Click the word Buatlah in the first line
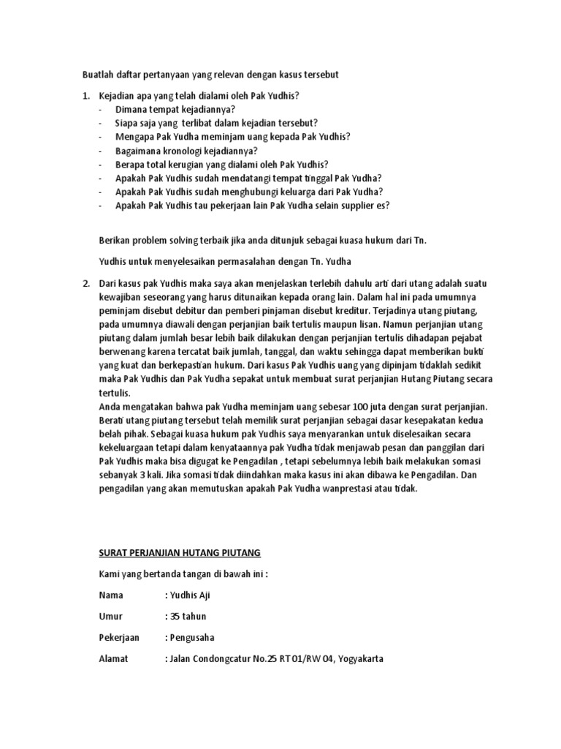click(x=97, y=75)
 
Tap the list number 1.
click(x=85, y=97)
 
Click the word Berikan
click(x=115, y=241)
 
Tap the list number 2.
click(x=85, y=282)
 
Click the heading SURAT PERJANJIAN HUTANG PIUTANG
click(x=180, y=551)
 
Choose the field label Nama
click(x=111, y=595)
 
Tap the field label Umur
click(x=110, y=616)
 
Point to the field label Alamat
click(x=113, y=658)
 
